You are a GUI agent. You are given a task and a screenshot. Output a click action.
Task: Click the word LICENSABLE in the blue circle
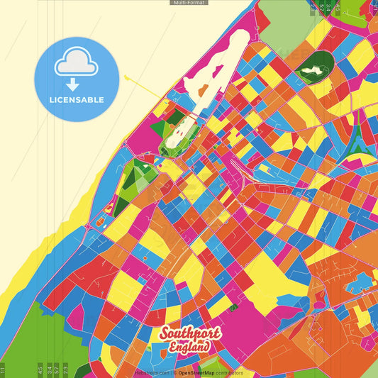[x=76, y=100]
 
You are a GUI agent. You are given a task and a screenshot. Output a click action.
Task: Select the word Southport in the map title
[x=190, y=333]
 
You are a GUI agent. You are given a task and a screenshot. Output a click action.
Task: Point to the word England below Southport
[x=189, y=347]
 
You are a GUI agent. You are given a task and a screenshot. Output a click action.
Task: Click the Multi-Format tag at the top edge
[x=189, y=3]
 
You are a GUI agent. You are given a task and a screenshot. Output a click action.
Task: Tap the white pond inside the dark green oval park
[x=310, y=70]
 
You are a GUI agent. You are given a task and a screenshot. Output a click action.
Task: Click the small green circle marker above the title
[x=231, y=308]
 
